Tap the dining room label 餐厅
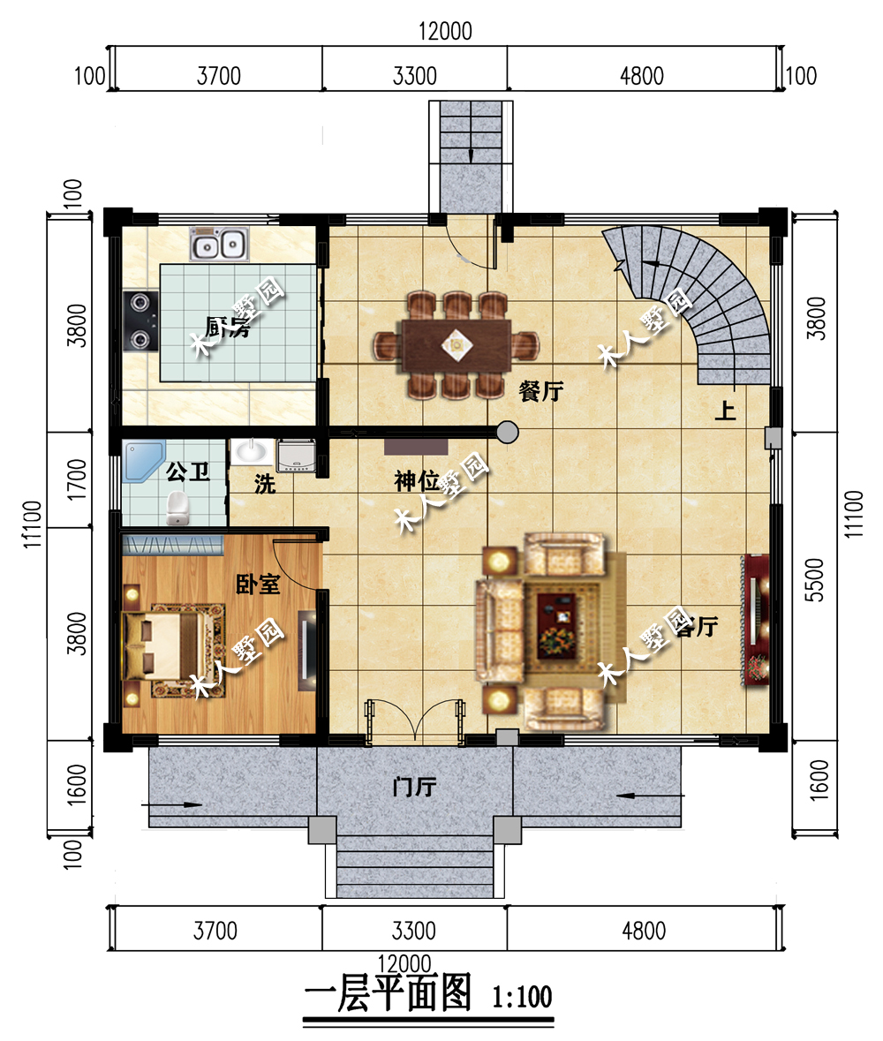(x=540, y=392)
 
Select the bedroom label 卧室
(x=258, y=584)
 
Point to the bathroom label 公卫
(x=187, y=471)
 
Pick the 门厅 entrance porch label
(x=415, y=785)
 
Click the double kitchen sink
(x=219, y=243)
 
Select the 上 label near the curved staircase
(x=726, y=411)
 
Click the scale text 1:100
(x=522, y=998)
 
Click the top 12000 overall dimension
(x=446, y=31)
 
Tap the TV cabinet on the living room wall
(x=758, y=618)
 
